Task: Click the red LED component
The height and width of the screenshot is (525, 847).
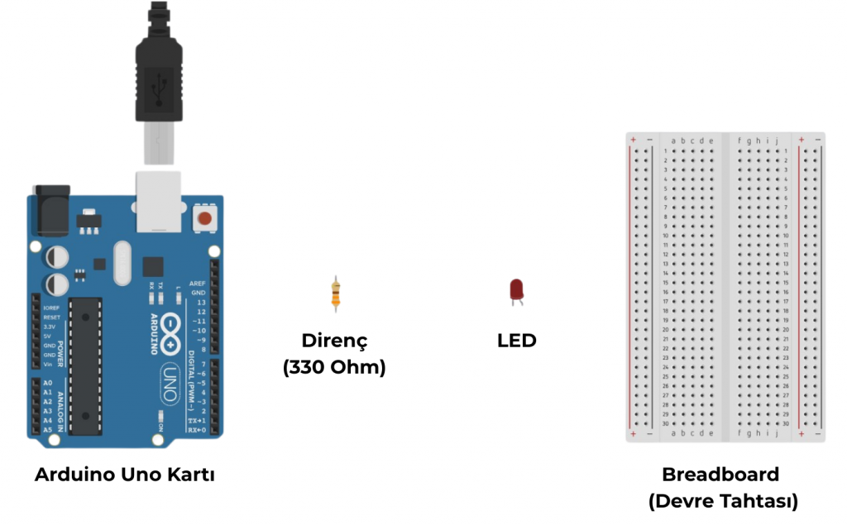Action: point(516,290)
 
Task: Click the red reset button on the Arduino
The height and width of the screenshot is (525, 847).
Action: point(204,219)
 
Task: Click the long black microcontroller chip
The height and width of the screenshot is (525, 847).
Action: point(85,365)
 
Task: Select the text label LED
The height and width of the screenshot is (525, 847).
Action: point(516,340)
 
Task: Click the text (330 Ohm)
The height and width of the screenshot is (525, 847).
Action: point(334,368)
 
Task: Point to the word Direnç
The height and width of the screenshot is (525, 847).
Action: point(333,341)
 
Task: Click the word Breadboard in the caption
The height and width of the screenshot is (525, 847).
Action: point(720,475)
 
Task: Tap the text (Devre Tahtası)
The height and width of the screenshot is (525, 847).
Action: point(722,501)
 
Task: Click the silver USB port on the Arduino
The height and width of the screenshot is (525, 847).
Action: point(157,201)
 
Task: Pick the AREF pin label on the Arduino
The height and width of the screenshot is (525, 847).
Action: point(198,283)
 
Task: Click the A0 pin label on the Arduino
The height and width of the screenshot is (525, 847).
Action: point(47,384)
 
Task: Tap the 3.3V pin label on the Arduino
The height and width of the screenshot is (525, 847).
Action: point(50,327)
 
